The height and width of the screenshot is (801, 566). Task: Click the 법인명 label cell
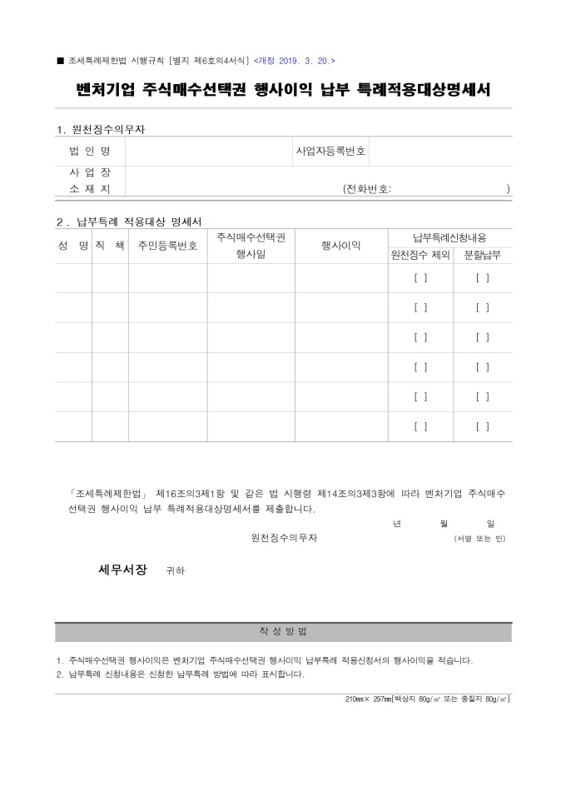pos(89,152)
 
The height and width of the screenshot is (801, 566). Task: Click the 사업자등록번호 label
pos(330,152)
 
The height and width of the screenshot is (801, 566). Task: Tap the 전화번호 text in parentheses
pos(367,189)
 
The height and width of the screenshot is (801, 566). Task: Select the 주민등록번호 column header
pos(167,246)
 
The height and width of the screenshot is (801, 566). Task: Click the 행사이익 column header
pos(340,246)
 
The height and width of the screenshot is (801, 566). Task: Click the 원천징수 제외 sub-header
pos(420,255)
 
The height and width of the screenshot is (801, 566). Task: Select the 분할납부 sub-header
pos(482,255)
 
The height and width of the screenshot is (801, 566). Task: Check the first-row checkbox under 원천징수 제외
pos(420,278)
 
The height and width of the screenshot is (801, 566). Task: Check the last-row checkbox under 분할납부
pos(483,426)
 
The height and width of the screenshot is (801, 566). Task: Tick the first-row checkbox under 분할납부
pos(483,278)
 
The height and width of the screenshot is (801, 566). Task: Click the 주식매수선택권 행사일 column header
pos(251,246)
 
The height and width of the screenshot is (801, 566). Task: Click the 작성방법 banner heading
pos(283,630)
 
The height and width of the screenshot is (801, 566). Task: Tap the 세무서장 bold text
pos(122,570)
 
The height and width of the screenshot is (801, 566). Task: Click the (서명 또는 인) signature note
pos(479,539)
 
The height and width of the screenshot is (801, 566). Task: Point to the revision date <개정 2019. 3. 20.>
pos(295,61)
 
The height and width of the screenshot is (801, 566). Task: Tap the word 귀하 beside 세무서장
pos(176,571)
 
